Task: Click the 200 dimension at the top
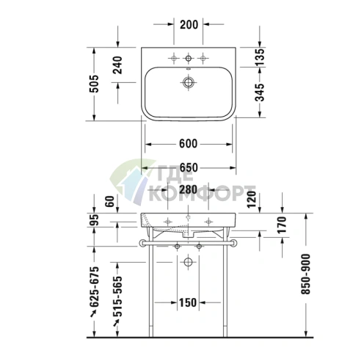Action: tap(189, 24)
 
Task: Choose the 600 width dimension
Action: tap(189, 144)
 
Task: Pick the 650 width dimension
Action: tap(189, 168)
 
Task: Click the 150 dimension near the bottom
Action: tap(189, 302)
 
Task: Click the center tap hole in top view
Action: tap(189, 57)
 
